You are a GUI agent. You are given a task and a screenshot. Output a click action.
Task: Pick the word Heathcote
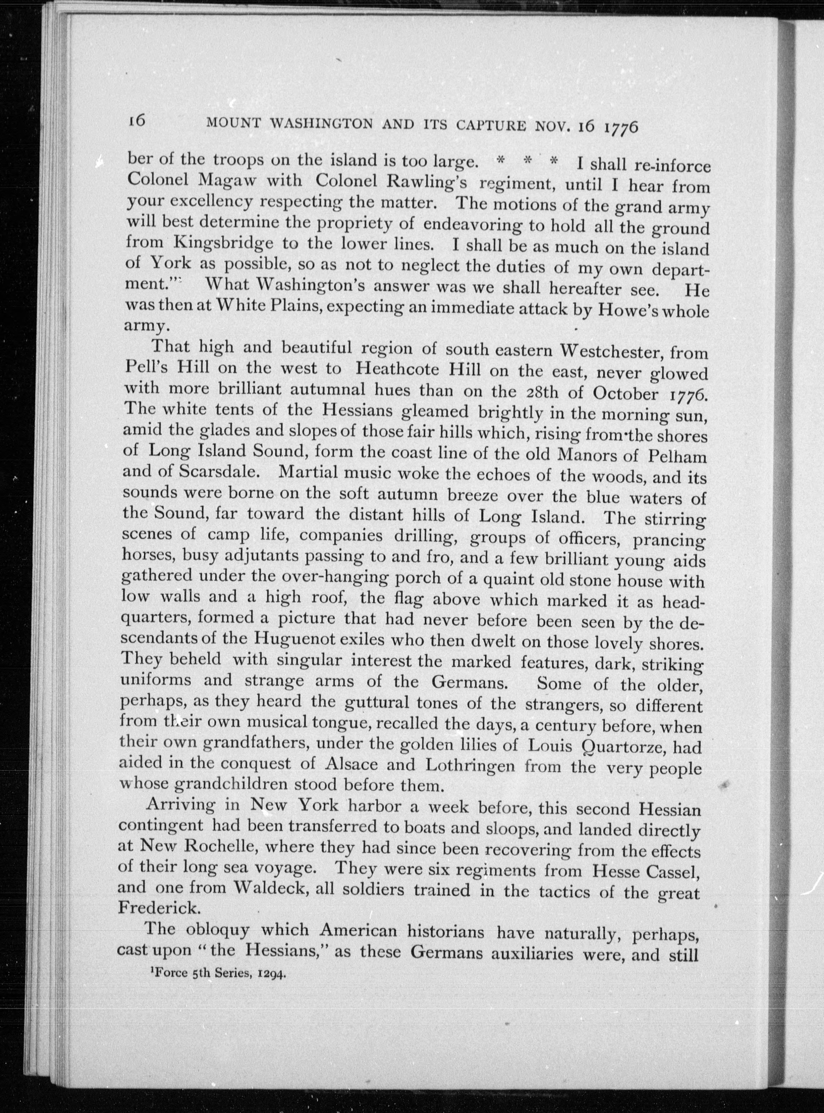(x=399, y=370)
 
